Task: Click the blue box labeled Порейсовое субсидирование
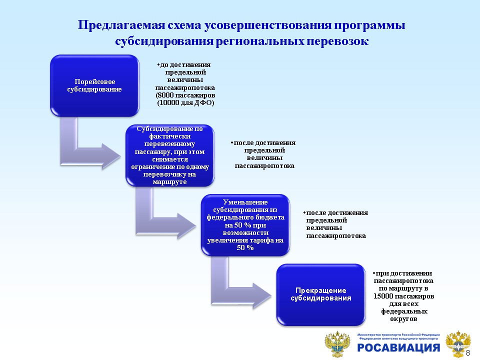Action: point(94,85)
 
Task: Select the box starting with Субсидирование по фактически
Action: point(169,155)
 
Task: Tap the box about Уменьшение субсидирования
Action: point(245,224)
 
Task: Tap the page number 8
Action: point(468,353)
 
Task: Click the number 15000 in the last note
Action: point(383,296)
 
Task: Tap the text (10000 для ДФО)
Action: point(185,102)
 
